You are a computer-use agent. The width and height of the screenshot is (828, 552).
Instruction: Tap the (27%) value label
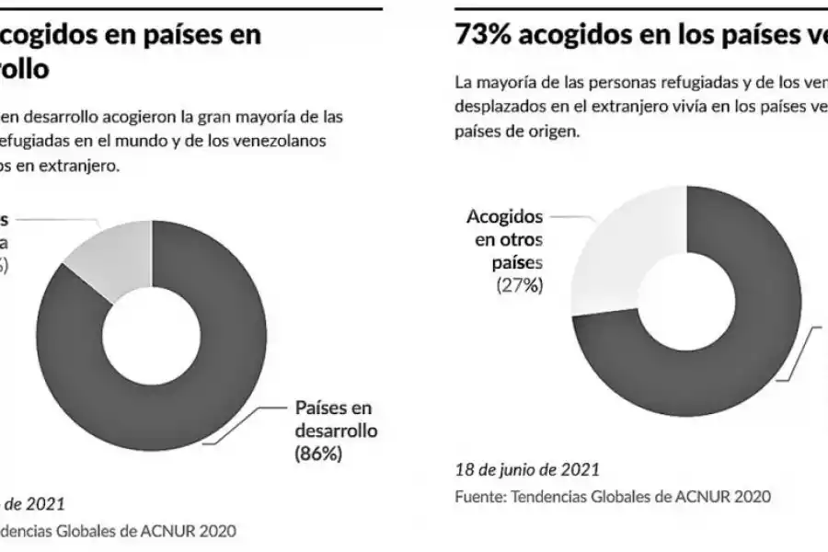(520, 285)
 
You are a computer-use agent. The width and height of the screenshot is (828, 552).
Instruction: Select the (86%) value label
(318, 454)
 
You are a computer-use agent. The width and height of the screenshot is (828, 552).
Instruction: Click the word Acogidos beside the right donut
(504, 217)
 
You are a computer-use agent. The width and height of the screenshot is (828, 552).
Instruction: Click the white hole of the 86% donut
(152, 337)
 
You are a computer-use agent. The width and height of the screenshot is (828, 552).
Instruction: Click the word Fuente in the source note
(478, 497)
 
